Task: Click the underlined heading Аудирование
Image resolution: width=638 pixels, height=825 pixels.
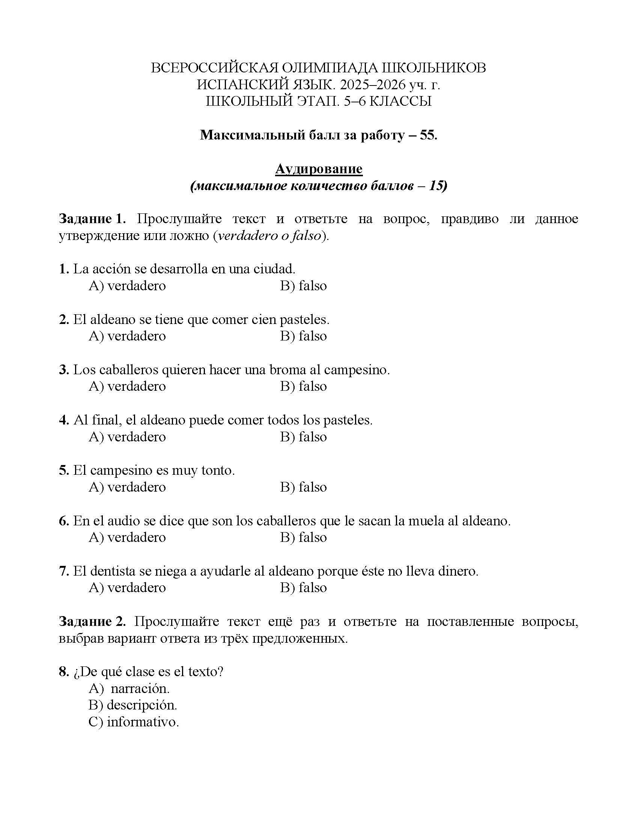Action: click(319, 169)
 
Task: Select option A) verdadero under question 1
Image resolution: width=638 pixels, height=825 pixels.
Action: click(127, 286)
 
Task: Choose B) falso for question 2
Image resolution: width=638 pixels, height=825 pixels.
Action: click(303, 336)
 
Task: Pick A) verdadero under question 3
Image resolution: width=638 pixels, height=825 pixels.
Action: click(127, 386)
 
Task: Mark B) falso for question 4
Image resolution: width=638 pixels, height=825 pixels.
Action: click(303, 436)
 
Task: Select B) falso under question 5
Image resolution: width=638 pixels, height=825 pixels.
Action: click(303, 487)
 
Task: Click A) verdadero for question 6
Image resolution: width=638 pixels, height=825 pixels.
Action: click(127, 537)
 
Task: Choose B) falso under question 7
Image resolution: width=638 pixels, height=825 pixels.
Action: click(303, 587)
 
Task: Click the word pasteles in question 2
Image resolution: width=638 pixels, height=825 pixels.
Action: click(304, 319)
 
